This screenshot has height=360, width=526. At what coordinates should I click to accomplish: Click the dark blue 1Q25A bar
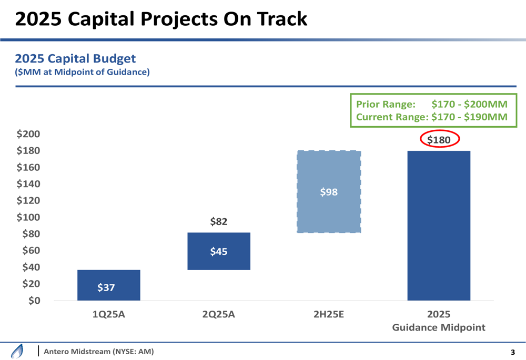tap(108, 285)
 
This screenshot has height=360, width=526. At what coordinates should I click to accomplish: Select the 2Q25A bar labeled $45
tap(219, 251)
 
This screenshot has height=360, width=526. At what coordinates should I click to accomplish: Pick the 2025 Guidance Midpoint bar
tap(439, 226)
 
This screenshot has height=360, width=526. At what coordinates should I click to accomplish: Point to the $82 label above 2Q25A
tap(219, 222)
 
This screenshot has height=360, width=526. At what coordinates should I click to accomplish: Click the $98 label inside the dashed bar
tap(329, 192)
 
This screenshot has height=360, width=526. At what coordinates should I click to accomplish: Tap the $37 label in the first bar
tap(106, 287)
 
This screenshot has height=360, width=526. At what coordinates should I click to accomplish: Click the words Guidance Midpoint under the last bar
tap(439, 327)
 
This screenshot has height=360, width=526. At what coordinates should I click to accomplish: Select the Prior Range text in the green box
tap(387, 105)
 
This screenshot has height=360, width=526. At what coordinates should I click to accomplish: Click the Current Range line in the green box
tap(431, 117)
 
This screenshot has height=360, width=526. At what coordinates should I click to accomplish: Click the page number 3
tap(513, 352)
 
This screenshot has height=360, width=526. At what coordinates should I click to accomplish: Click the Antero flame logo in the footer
tap(17, 351)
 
